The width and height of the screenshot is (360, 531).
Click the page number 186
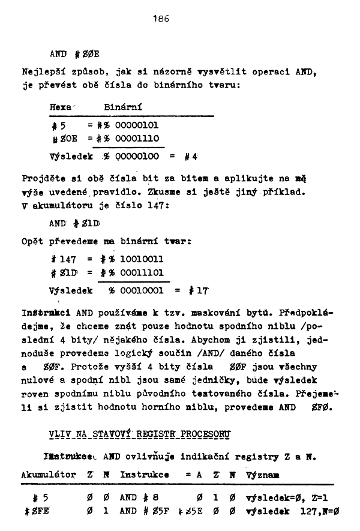point(161,19)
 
